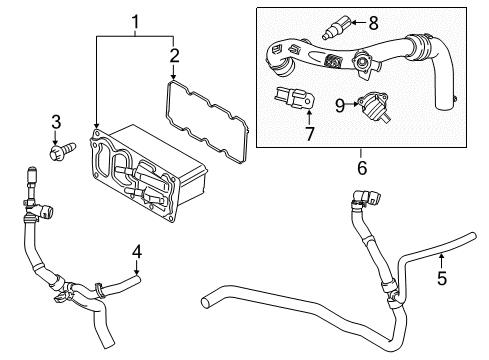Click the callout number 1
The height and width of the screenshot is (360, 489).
point(135,20)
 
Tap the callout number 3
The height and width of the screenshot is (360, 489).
point(57,122)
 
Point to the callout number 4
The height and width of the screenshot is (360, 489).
point(137,249)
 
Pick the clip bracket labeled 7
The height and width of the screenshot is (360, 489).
point(291,99)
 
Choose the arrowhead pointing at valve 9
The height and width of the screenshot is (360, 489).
point(357,103)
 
